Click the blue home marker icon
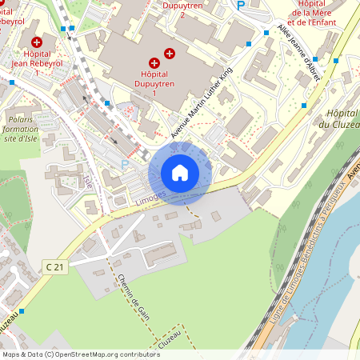pyautogui.click(x=180, y=172)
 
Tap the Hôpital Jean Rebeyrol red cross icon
pyautogui.click(x=36, y=42)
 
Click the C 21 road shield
pyautogui.click(x=54, y=266)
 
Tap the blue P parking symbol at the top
pyautogui.click(x=241, y=6)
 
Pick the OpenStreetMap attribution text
pyautogui.click(x=81, y=354)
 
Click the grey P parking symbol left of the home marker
pyautogui.click(x=124, y=163)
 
